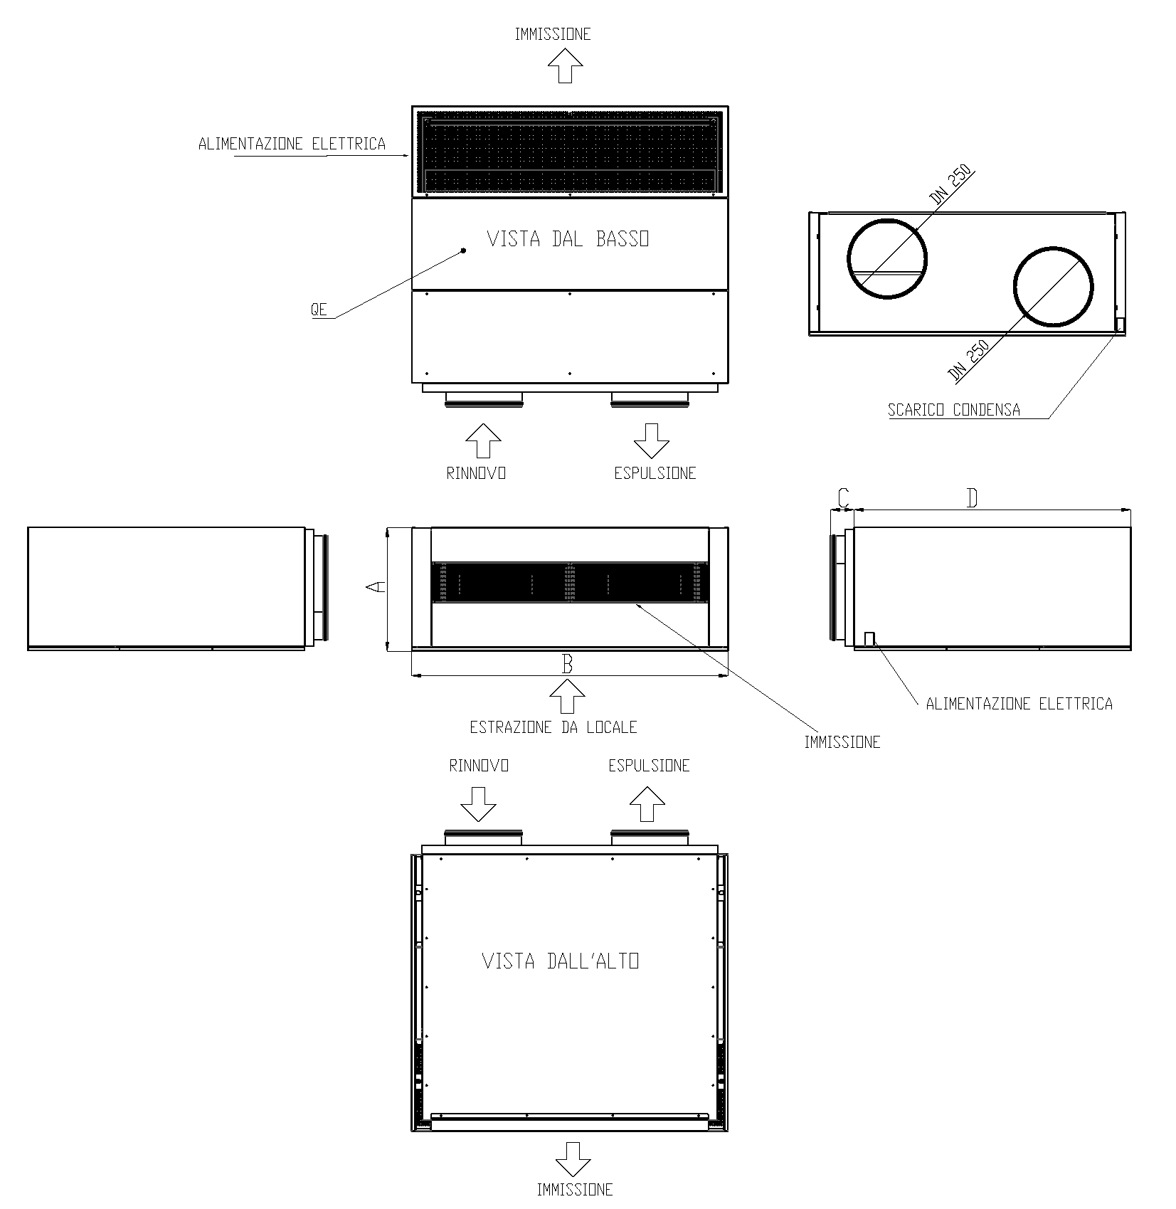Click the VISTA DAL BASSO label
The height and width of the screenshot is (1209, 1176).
(x=568, y=239)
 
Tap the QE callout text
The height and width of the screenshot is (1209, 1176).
(x=319, y=310)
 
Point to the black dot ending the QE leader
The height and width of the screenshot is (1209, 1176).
(x=463, y=250)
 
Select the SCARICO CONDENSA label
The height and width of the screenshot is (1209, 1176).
(x=953, y=410)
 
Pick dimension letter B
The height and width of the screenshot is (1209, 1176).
(x=567, y=664)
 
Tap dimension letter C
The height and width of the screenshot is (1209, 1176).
(x=843, y=497)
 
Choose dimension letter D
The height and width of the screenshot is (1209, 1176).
(x=972, y=498)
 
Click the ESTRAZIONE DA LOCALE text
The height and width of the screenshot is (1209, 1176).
(x=553, y=727)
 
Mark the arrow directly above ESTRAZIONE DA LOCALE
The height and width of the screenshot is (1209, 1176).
(x=567, y=695)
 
